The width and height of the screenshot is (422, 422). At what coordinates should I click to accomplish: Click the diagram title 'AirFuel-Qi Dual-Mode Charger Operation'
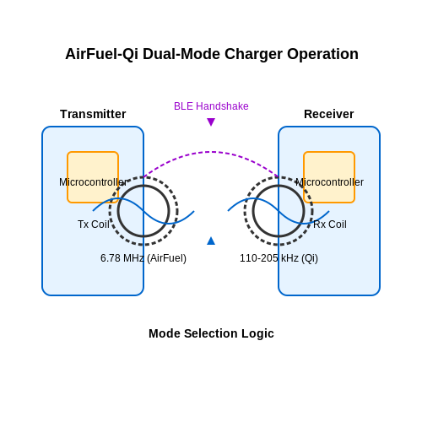click(212, 54)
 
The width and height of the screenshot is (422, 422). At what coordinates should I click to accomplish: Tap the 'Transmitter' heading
click(93, 114)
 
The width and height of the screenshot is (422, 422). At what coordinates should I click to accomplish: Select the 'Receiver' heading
click(329, 114)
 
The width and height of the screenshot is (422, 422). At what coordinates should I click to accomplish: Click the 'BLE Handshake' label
click(211, 106)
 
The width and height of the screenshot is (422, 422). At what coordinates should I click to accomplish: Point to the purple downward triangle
click(211, 122)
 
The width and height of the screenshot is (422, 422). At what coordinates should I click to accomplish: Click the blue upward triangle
click(211, 241)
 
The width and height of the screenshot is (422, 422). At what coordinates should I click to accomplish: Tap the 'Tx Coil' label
click(94, 225)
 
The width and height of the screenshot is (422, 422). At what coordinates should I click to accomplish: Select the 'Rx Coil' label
click(330, 225)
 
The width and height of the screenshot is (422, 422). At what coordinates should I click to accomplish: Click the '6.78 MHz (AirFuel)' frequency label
click(143, 258)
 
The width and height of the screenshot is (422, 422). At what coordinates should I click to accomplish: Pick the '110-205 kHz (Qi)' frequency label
click(279, 258)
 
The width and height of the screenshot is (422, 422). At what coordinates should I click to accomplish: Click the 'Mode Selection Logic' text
click(211, 333)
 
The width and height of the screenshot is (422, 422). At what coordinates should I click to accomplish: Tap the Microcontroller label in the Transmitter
click(93, 182)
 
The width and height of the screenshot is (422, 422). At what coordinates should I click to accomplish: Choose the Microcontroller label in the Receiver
click(329, 182)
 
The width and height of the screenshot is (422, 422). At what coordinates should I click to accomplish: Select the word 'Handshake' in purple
click(222, 106)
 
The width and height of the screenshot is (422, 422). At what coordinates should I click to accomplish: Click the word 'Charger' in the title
click(253, 55)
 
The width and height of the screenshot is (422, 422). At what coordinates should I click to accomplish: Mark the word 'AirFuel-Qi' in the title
click(102, 55)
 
